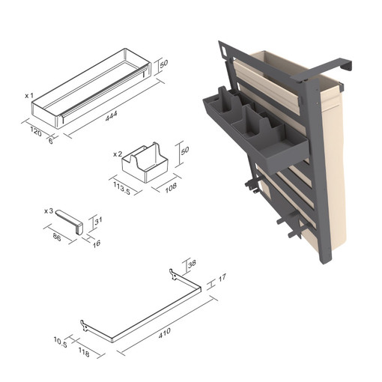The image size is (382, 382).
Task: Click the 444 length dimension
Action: [112, 116]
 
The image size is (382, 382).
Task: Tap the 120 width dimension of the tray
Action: [36, 132]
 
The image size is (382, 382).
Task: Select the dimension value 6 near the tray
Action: [51, 141]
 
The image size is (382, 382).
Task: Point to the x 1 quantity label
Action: [29, 96]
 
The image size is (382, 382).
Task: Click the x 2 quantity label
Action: [118, 154]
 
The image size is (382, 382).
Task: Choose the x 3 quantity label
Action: [49, 211]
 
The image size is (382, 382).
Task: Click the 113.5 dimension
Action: [122, 188]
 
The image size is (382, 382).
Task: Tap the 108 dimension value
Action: [171, 187]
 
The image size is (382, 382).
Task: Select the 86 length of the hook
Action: [57, 237]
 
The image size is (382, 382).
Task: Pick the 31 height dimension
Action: [98, 220]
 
